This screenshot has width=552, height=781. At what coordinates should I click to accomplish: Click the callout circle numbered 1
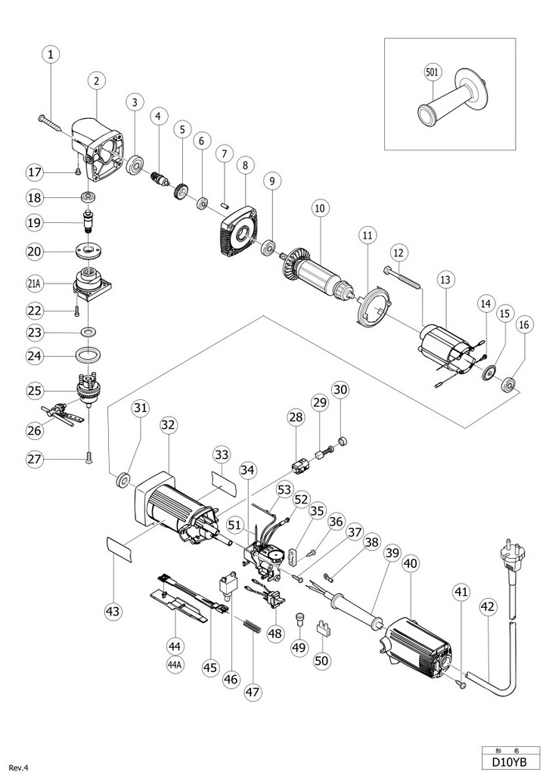tap(51, 54)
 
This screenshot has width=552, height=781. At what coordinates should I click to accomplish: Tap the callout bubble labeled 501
tap(433, 72)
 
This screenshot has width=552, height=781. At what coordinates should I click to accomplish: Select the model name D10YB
tap(508, 762)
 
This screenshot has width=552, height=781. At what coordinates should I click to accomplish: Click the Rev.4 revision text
tap(19, 768)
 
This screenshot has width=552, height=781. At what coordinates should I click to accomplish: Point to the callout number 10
tap(320, 208)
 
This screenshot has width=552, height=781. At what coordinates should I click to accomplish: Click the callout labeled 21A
tap(35, 284)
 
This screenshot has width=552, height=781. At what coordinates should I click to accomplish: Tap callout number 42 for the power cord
tap(488, 606)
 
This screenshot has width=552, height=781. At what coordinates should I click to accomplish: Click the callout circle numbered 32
tap(169, 425)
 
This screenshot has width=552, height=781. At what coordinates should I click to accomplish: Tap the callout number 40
tap(410, 564)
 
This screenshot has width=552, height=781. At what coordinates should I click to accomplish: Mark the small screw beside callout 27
tap(88, 456)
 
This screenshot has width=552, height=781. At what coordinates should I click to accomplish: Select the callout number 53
tap(284, 490)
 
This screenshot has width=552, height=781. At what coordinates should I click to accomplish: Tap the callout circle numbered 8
tap(245, 166)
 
